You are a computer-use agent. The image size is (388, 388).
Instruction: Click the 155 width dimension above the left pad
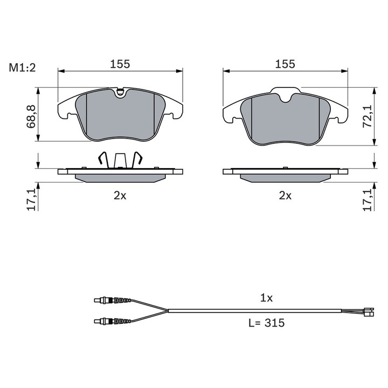[120, 64]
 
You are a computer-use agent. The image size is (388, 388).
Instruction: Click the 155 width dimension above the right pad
[285, 64]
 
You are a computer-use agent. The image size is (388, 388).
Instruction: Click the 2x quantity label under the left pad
[120, 196]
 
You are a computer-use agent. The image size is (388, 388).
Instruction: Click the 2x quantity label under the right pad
[285, 196]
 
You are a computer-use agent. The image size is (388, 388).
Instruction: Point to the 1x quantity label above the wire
[267, 297]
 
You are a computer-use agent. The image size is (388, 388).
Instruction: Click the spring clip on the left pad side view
[120, 159]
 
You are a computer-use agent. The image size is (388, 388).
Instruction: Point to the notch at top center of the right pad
[286, 98]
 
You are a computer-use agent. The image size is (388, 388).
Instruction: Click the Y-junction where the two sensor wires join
[167, 311]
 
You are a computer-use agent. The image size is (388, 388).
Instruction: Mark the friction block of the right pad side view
[285, 178]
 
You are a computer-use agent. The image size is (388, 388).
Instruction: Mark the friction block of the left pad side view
[120, 178]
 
